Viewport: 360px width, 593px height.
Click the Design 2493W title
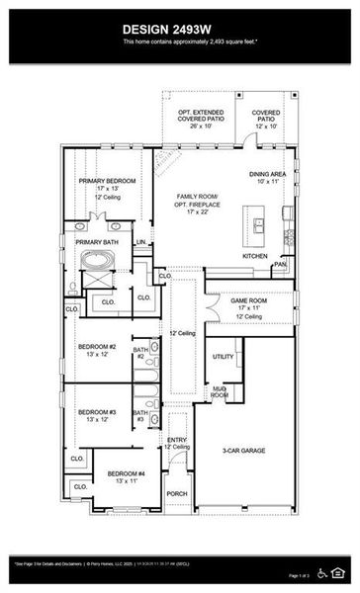pos(179,30)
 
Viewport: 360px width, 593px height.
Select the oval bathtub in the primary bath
pos(98,262)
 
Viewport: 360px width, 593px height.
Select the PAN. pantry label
pos(281,264)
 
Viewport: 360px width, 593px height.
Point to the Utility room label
pos(224,356)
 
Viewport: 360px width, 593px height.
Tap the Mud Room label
pos(220,392)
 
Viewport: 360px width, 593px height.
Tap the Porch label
pos(177,493)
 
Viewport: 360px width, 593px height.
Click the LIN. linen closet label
pos(141,241)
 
